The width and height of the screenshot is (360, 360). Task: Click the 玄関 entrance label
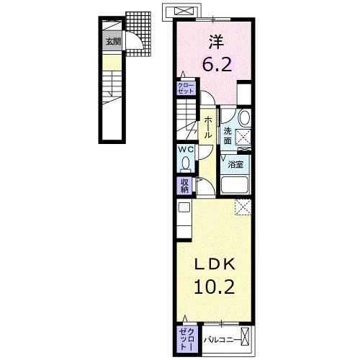[113, 41]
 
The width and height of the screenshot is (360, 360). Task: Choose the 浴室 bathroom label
[235, 165]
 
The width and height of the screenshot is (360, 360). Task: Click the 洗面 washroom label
[227, 135]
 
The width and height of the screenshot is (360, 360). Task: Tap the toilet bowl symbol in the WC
[185, 162]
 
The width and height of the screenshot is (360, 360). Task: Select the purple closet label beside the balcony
[185, 336]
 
